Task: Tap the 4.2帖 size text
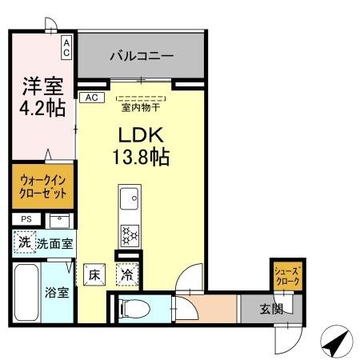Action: pyautogui.click(x=42, y=109)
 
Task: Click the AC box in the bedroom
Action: pyautogui.click(x=67, y=48)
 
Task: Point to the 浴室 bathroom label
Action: pyautogui.click(x=55, y=292)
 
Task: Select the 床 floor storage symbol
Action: pyautogui.click(x=94, y=275)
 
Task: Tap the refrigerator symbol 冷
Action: pyautogui.click(x=126, y=275)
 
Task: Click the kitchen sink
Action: pyautogui.click(x=128, y=197)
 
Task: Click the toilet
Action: pyautogui.click(x=135, y=306)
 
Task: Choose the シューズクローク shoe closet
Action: pyautogui.click(x=286, y=277)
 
